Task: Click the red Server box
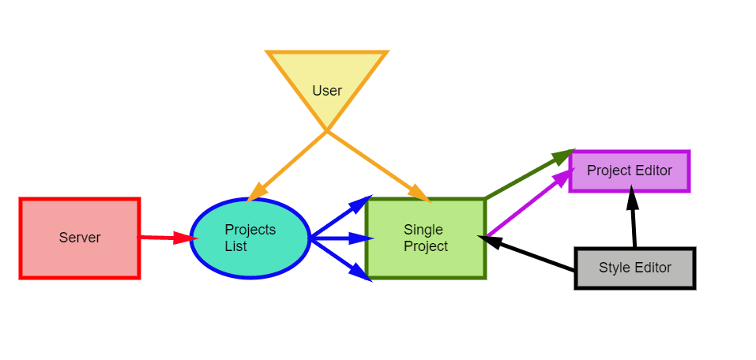[80, 238]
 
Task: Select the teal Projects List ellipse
[250, 238]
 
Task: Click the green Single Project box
[426, 238]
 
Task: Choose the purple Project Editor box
[630, 171]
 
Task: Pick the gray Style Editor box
[635, 268]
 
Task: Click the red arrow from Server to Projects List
[167, 238]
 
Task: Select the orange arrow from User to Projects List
[287, 167]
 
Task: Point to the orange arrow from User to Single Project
[378, 167]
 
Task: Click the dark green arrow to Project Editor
[530, 174]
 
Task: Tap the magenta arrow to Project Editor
[530, 202]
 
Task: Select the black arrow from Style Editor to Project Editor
[633, 217]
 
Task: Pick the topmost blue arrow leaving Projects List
[342, 217]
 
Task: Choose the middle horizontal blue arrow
[342, 238]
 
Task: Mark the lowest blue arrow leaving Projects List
[342, 260]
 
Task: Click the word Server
[80, 238]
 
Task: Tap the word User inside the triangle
[327, 91]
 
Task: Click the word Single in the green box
[423, 230]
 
